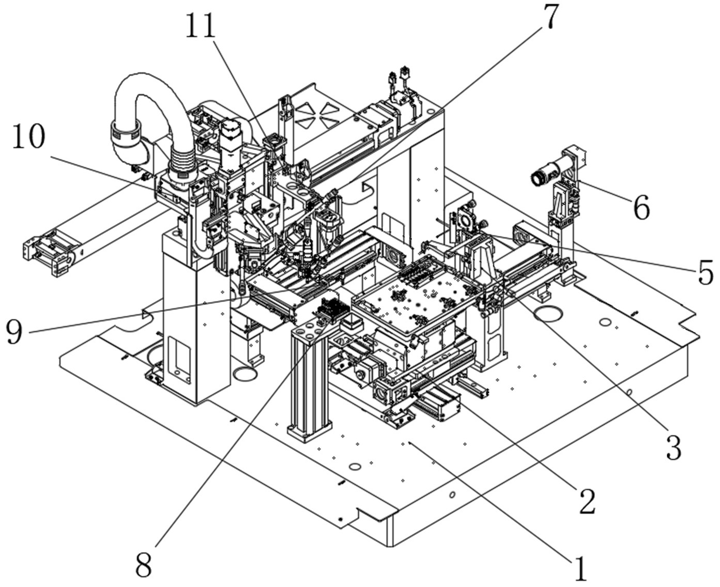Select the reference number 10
(29, 137)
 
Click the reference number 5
(705, 272)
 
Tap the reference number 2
(587, 500)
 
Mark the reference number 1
(581, 569)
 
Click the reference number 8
(143, 566)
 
